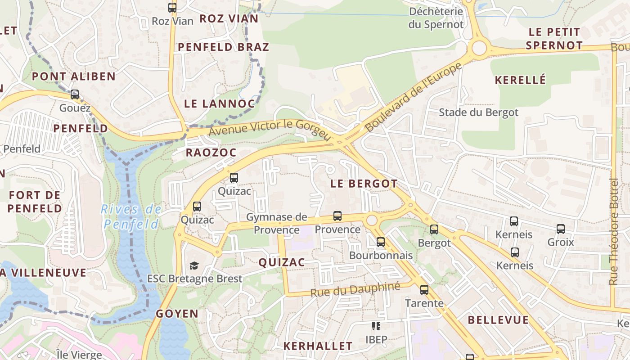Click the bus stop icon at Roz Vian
(172, 8)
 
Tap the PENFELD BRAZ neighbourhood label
(224, 47)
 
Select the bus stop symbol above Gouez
(75, 94)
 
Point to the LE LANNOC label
(219, 103)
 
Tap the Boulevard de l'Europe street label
(414, 97)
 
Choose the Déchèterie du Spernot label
(436, 18)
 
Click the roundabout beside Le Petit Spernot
(479, 48)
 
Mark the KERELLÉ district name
(520, 80)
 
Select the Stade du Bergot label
(478, 112)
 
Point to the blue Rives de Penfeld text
(131, 216)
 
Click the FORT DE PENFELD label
(35, 202)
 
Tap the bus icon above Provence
(337, 216)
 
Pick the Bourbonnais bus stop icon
(381, 242)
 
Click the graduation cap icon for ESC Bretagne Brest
(194, 265)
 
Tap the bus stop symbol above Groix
(561, 229)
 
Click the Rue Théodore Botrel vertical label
(613, 232)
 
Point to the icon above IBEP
(376, 326)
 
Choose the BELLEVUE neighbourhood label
(498, 320)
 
